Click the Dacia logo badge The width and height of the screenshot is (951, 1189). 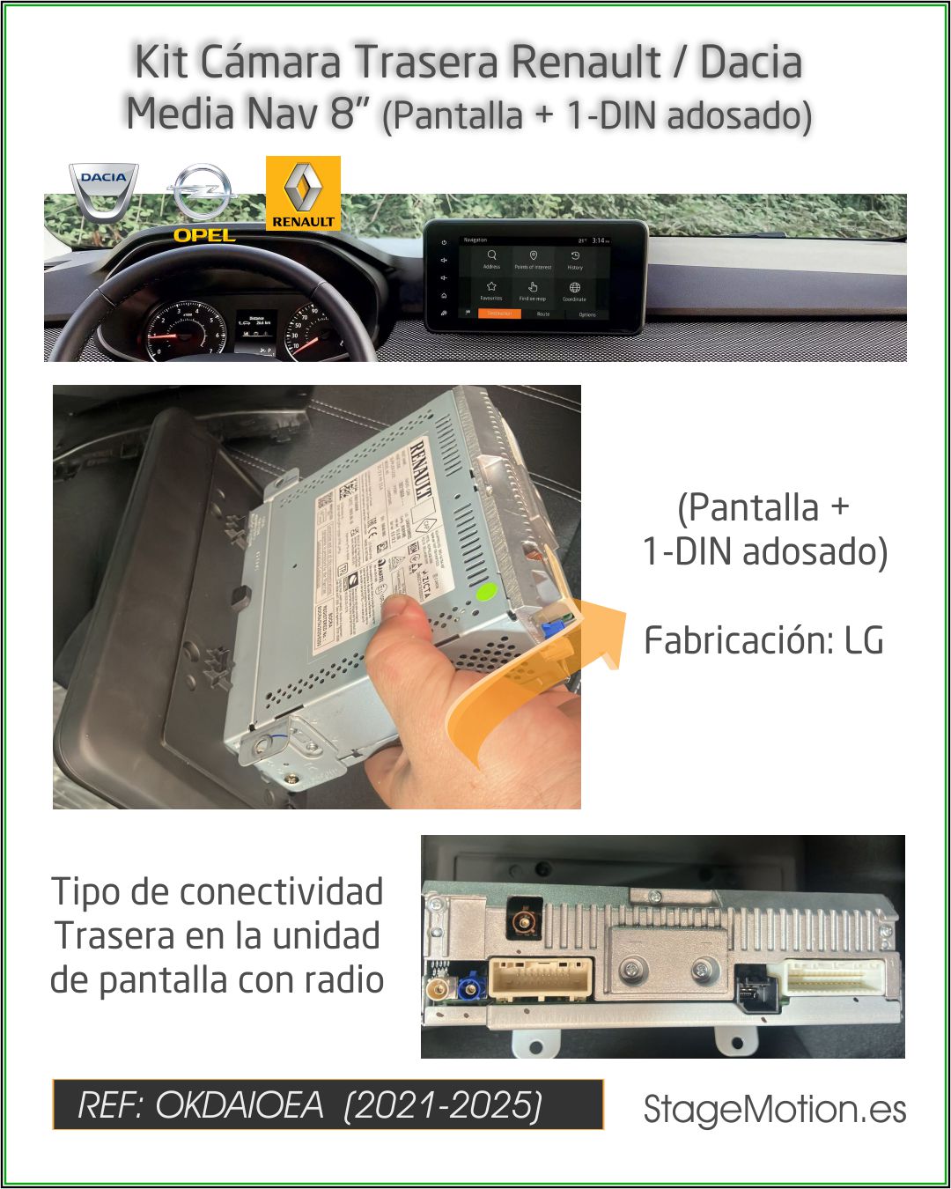104,190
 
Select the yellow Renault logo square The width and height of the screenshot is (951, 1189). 303,194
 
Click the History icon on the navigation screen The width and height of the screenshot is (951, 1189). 574,258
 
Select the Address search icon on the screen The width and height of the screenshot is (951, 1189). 491,258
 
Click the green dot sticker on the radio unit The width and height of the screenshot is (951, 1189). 483,593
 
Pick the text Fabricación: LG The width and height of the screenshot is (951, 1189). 763,640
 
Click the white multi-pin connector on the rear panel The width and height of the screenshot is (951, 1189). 837,978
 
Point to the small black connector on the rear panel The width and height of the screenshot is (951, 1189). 752,986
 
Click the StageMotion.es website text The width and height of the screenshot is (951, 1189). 775,1109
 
